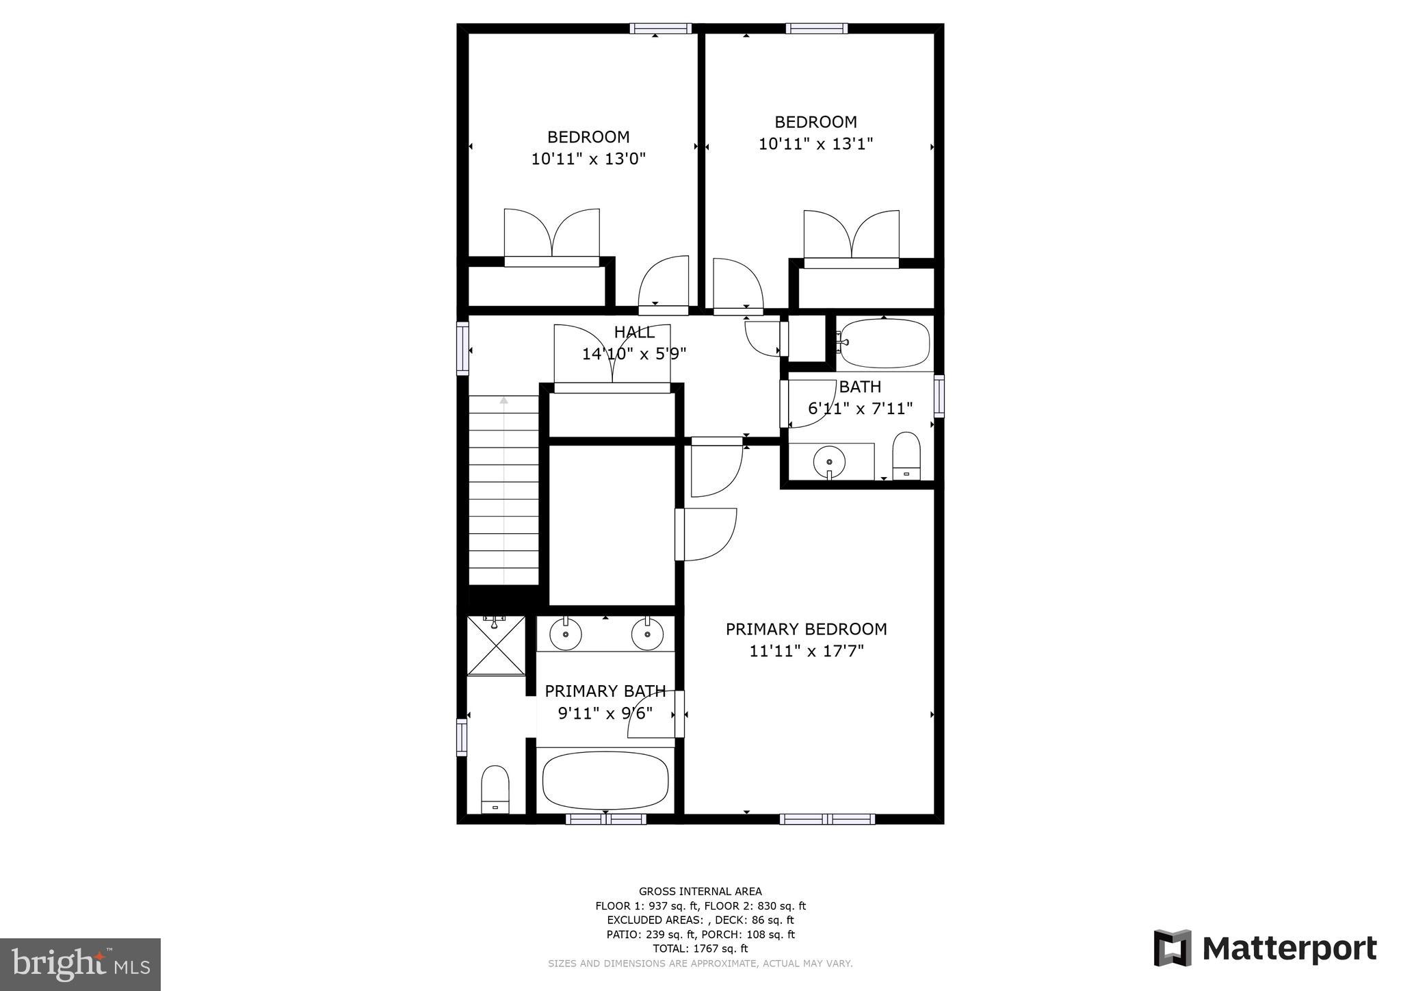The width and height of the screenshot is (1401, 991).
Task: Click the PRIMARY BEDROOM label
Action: point(806,629)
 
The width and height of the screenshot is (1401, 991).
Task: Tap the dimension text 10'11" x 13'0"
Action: point(588,159)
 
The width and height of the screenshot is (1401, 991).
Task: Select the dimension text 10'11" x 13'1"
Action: point(815,144)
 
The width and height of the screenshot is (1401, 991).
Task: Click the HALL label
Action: point(634,333)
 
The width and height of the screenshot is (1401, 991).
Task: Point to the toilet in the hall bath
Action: point(906,456)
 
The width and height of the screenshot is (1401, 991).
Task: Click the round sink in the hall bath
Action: point(828,461)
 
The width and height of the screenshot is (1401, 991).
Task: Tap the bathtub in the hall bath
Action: point(885,343)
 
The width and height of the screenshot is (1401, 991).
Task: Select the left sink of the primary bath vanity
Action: point(566,634)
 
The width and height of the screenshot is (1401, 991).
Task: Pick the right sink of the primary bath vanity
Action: point(647,634)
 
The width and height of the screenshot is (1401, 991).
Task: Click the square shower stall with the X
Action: point(497,645)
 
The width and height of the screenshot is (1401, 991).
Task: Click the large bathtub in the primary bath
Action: point(605,781)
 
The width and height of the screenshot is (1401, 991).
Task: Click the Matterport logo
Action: point(1265,949)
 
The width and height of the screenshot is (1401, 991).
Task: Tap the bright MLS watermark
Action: point(80,964)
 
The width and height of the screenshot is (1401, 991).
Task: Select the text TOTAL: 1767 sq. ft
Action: point(700,949)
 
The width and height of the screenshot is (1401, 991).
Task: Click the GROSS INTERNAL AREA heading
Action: point(700,891)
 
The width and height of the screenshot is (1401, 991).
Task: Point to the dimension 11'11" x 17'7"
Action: point(806,651)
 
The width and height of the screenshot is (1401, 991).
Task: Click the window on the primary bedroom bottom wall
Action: point(827,819)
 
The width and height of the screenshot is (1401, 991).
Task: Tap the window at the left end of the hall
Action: point(463,348)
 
